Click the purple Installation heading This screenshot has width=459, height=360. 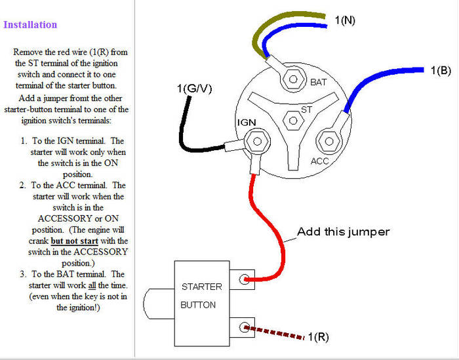point(30,25)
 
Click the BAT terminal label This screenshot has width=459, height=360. point(317,83)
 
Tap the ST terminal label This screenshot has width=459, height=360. point(306,109)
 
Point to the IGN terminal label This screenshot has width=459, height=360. point(245,123)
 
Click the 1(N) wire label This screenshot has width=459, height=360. point(345,20)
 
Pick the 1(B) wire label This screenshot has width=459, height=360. point(441,70)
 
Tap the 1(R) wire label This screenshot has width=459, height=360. point(318,338)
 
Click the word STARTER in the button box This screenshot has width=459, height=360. point(202,287)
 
